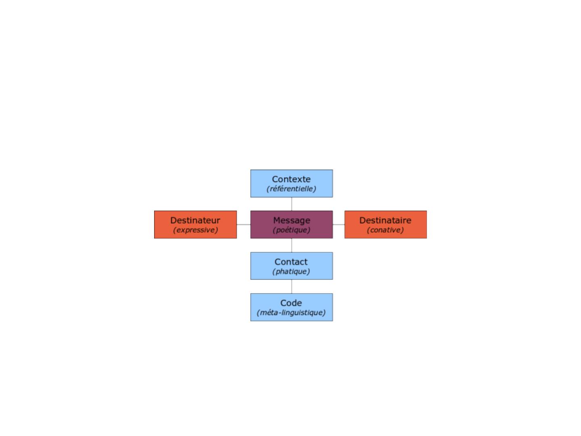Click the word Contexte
[291, 179]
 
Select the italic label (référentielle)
[291, 189]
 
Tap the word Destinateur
[195, 220]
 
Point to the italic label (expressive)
[195, 230]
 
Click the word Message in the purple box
[292, 220]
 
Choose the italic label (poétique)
[292, 230]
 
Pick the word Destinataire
[385, 220]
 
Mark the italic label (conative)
[385, 230]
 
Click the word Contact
[291, 262]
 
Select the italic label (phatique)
[291, 272]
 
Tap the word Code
[291, 303]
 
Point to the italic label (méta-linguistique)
[291, 313]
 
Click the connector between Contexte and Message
[292, 204]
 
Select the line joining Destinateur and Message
[244, 224]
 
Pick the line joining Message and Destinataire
[339, 224]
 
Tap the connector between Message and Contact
[292, 245]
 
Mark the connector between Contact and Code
[292, 287]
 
